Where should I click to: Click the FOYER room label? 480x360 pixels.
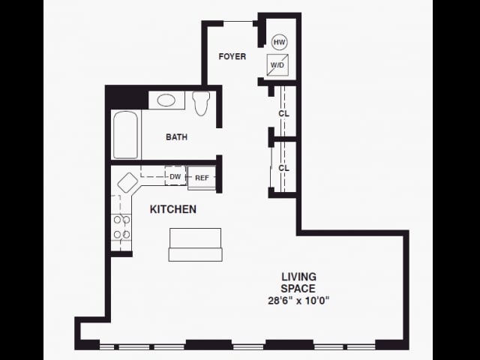[x=232, y=56]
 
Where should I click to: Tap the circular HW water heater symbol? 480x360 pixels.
[x=280, y=42]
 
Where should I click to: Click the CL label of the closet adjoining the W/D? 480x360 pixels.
[x=284, y=113]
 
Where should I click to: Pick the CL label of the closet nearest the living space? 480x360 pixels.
[x=284, y=168]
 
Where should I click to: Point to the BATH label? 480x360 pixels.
[x=177, y=137]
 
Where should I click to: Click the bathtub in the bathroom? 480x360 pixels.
[x=125, y=135]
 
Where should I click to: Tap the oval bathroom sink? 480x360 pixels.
[x=166, y=100]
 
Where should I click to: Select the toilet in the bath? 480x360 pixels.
[x=200, y=103]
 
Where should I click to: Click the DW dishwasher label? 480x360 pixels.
[x=175, y=177]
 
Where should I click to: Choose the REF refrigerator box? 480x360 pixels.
[x=202, y=178]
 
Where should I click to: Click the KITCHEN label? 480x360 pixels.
[x=173, y=209]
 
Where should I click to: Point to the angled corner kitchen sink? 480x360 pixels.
[x=127, y=182]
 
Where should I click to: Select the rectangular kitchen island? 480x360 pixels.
[x=195, y=244]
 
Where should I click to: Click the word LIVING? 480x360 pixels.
[x=298, y=277]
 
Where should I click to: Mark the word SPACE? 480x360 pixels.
[x=298, y=288]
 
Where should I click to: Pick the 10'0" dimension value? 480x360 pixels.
[x=317, y=301]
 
